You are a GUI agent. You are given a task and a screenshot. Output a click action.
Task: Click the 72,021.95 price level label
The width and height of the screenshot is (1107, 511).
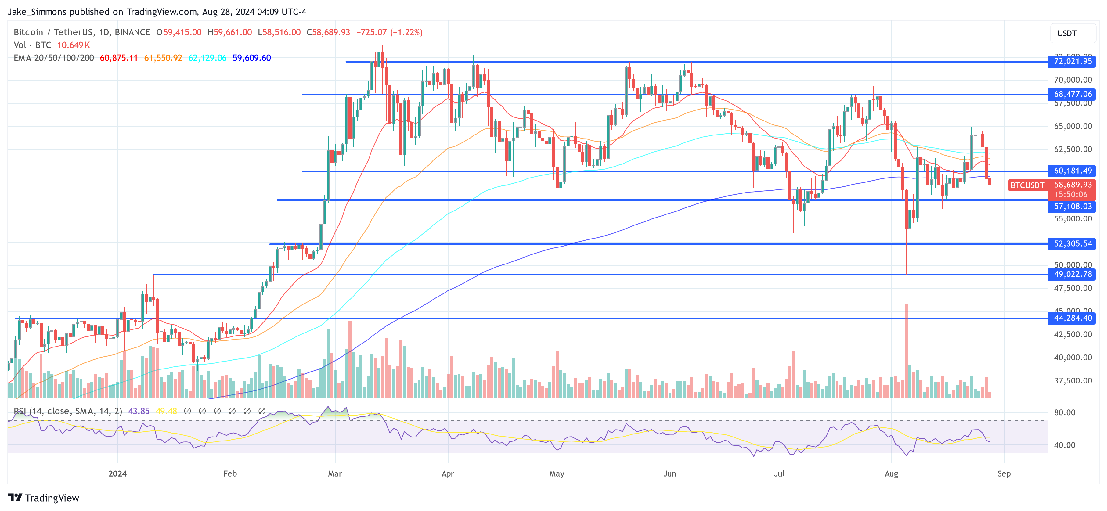click(x=1072, y=61)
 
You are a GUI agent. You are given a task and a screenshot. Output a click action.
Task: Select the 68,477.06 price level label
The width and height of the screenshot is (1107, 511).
click(x=1072, y=94)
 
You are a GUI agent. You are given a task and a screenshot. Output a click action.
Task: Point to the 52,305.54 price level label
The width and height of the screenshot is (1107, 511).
click(x=1072, y=244)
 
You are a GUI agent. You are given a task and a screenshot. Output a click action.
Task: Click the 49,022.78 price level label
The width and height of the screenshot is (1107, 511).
click(x=1072, y=274)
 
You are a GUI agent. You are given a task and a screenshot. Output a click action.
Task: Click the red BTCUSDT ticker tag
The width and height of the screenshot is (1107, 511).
click(x=1027, y=185)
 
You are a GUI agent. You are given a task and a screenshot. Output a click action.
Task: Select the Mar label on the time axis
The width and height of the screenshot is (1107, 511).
click(x=335, y=473)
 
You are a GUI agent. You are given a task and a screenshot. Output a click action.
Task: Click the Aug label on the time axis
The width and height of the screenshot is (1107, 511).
click(x=891, y=473)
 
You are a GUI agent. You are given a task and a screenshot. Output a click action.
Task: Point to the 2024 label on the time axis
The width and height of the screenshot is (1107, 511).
click(x=117, y=473)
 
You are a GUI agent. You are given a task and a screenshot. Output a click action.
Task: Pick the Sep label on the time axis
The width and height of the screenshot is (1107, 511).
click(x=1004, y=473)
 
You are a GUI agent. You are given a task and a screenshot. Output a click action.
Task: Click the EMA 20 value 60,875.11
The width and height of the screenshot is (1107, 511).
click(x=119, y=58)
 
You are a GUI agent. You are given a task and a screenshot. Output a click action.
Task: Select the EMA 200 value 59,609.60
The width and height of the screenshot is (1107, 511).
click(x=251, y=58)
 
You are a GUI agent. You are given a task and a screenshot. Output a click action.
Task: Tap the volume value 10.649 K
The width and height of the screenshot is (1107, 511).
click(x=74, y=45)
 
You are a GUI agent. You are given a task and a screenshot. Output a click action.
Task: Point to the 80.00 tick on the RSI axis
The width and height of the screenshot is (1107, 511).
click(x=1065, y=412)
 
